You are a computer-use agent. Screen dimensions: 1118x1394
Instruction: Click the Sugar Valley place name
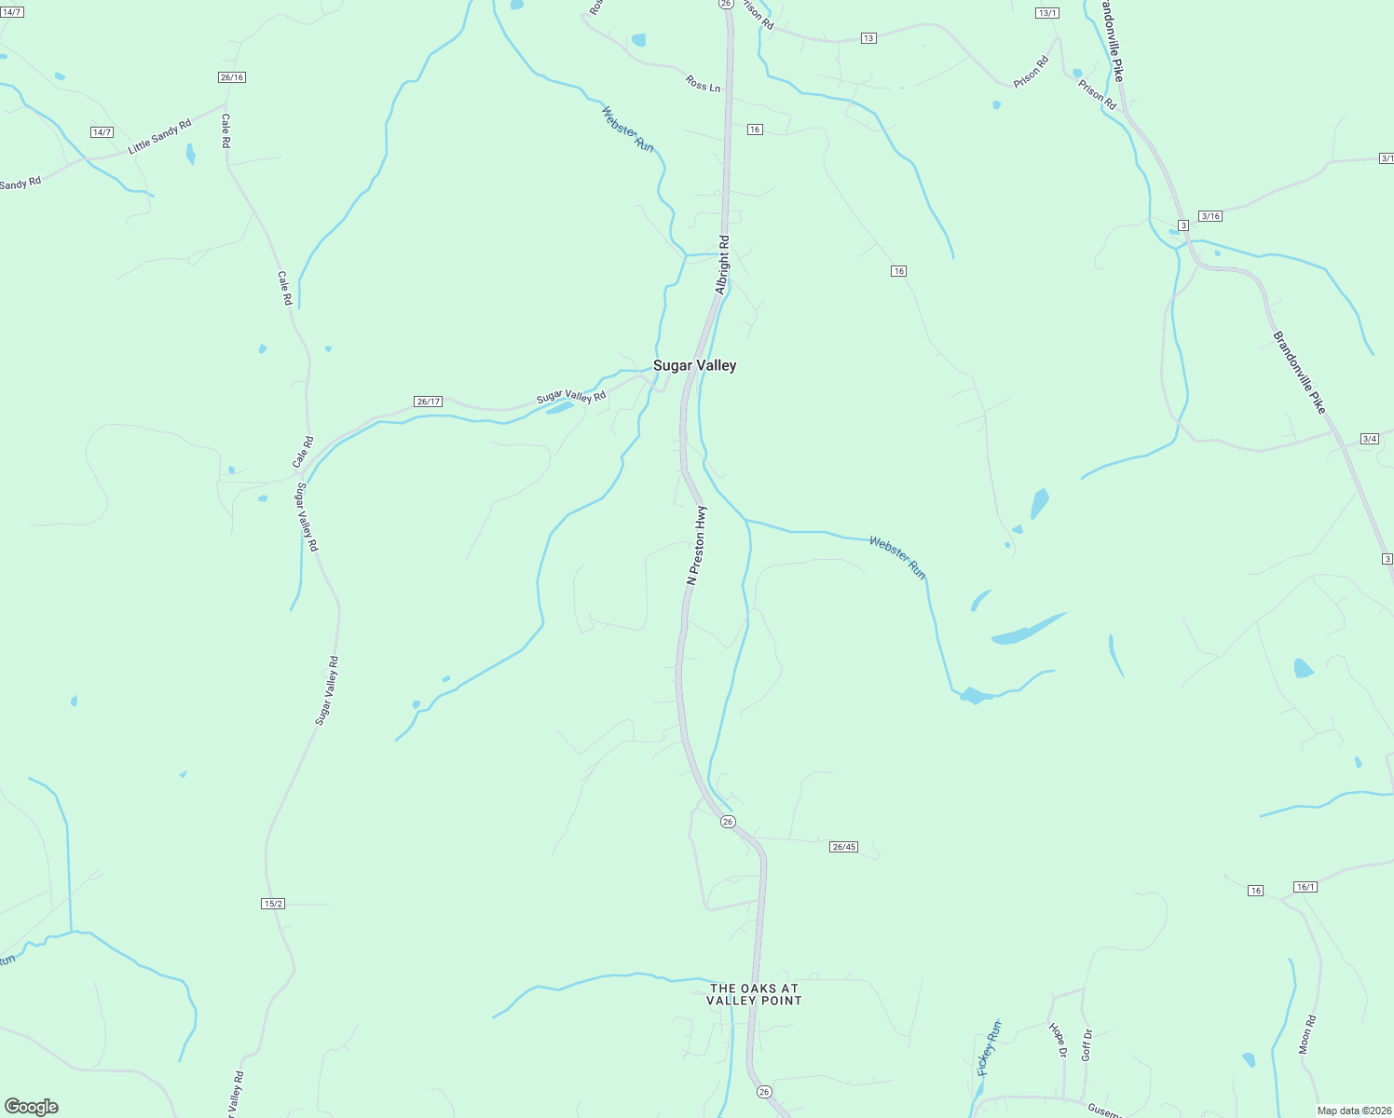[x=694, y=365]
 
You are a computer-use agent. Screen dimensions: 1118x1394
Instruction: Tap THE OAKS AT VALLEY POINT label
[x=754, y=994]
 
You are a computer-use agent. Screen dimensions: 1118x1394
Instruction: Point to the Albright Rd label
[x=722, y=265]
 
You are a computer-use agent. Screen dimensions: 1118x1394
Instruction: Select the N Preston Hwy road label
[x=695, y=546]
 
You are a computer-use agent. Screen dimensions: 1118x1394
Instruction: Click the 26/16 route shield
[x=232, y=77]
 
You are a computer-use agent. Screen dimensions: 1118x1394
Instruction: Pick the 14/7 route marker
[x=102, y=132]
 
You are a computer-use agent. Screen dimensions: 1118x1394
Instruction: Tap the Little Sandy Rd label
[x=159, y=136]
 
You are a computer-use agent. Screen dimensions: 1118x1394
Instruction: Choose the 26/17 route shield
[x=428, y=402]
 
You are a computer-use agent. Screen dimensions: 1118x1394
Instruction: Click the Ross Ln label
[x=703, y=85]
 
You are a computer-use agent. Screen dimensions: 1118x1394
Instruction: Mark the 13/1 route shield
[x=1047, y=13]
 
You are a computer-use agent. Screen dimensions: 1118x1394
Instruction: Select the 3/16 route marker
[x=1209, y=216]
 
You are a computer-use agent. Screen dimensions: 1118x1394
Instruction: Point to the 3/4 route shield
[x=1369, y=439]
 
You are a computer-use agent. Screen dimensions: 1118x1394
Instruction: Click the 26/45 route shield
[x=843, y=847]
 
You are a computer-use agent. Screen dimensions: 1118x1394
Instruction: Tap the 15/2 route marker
[x=273, y=904]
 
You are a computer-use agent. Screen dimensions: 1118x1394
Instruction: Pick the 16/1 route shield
[x=1305, y=887]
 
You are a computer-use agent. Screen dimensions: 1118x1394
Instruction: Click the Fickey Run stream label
[x=989, y=1048]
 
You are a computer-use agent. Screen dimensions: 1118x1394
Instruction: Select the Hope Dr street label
[x=1058, y=1041]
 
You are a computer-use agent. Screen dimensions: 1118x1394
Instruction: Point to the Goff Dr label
[x=1086, y=1044]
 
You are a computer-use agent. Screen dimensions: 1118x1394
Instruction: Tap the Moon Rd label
[x=1307, y=1034]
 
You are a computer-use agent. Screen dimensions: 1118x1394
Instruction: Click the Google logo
[x=31, y=1107]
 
